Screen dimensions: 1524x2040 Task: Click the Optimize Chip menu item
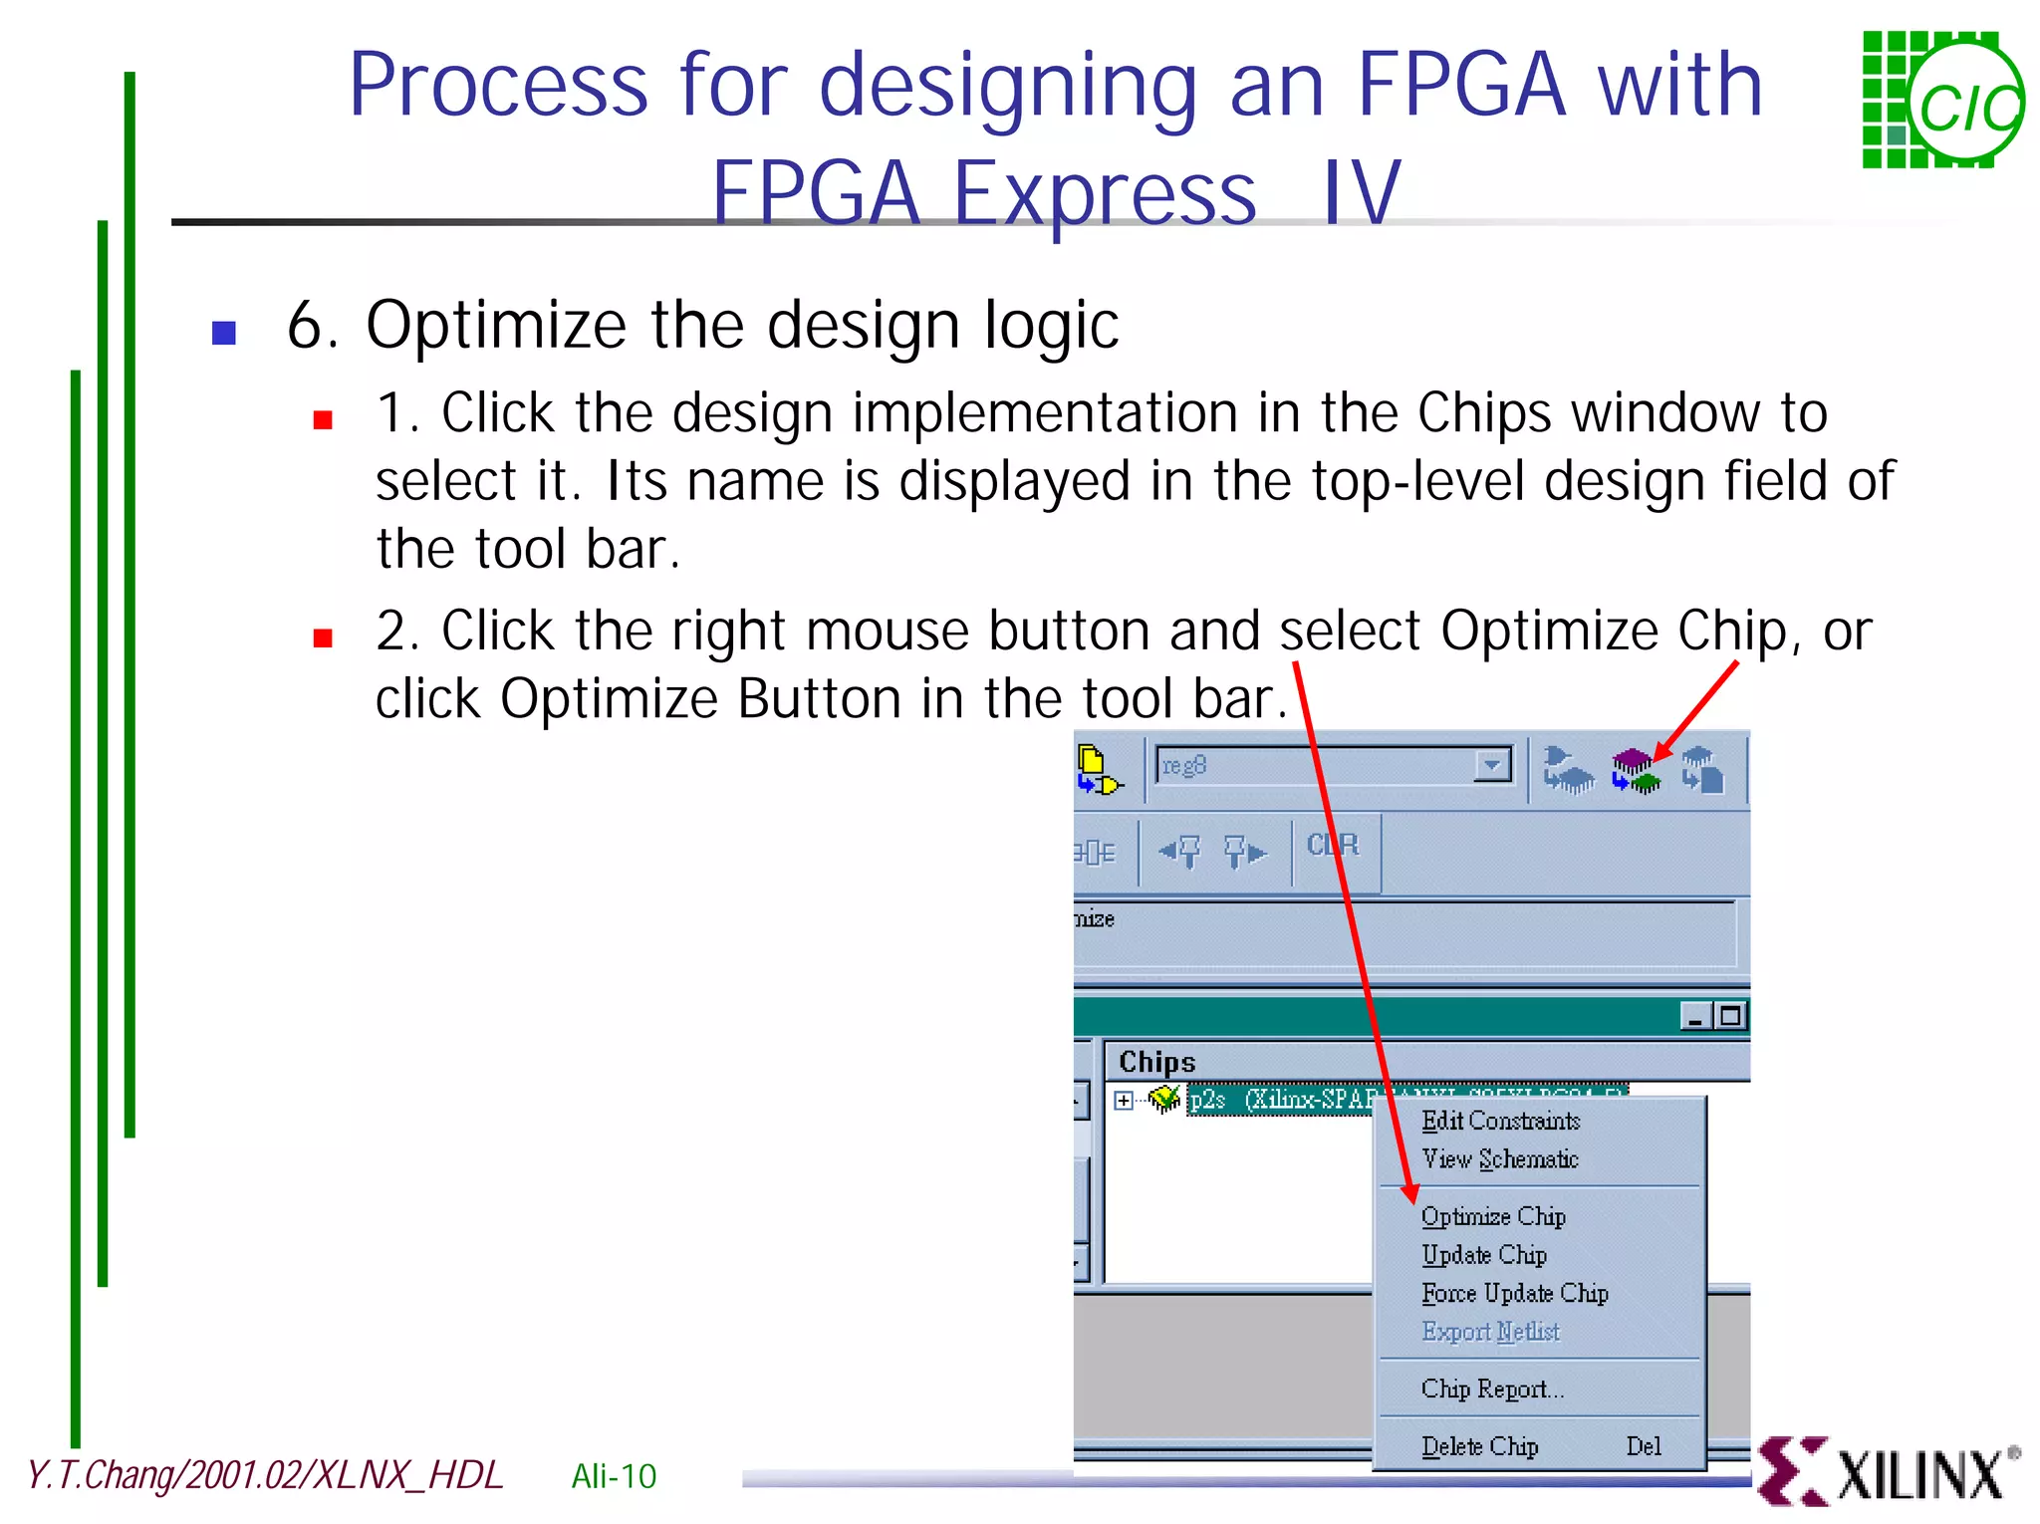(x=1492, y=1216)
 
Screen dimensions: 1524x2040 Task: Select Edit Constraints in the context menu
(x=1500, y=1121)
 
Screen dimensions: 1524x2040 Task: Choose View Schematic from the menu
(x=1499, y=1159)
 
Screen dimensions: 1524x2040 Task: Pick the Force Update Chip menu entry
(x=1514, y=1293)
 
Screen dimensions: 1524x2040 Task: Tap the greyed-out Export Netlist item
(x=1490, y=1332)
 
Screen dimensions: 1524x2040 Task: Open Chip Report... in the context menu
(x=1492, y=1389)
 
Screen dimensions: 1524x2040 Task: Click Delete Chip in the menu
(x=1480, y=1446)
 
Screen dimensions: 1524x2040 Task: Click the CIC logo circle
(x=1966, y=104)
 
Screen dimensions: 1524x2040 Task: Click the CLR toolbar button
(x=1333, y=847)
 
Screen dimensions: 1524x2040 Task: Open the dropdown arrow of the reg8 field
(x=1491, y=765)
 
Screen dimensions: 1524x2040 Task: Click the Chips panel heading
(x=1156, y=1062)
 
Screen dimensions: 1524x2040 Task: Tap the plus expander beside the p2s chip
(x=1124, y=1100)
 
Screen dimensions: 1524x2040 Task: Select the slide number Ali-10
(x=614, y=1476)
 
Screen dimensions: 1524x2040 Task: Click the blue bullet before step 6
(x=224, y=332)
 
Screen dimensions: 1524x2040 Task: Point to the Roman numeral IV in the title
(x=1361, y=192)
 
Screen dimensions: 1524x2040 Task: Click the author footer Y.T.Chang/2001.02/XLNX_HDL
(x=265, y=1475)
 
